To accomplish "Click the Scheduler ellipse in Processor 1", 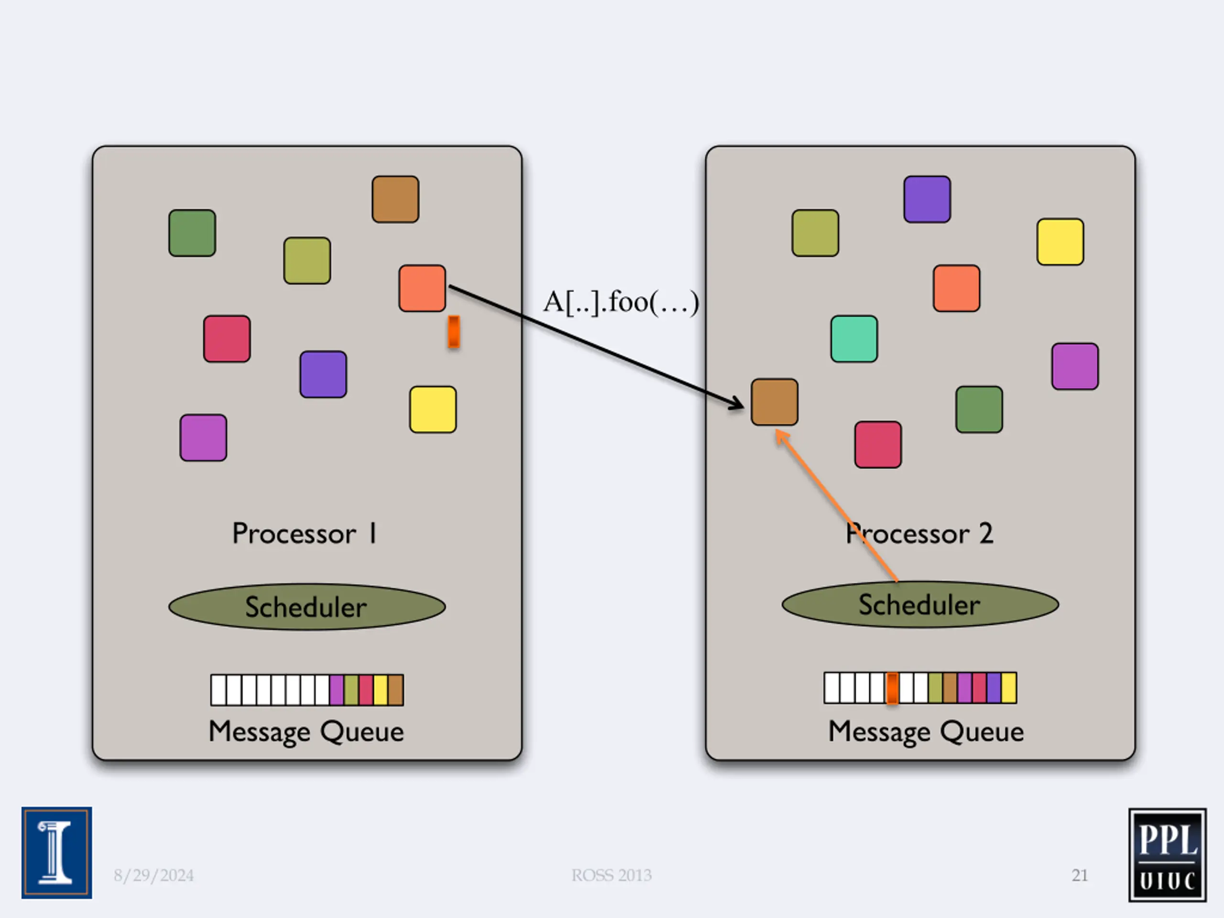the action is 307,607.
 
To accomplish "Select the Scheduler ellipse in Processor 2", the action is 920,604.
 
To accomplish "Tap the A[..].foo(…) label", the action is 621,302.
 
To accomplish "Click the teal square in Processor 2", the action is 854,339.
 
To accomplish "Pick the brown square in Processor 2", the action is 774,402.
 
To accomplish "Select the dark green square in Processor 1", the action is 192,232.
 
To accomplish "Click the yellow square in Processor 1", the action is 433,409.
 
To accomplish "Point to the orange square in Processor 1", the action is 422,288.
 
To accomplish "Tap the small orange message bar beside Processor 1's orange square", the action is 454,332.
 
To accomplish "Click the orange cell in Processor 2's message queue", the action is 892,688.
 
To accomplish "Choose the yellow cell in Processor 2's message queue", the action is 1009,688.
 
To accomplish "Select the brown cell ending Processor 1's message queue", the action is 395,690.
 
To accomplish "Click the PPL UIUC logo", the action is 1168,855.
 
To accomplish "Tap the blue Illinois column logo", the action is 57,852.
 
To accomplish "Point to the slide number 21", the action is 1080,875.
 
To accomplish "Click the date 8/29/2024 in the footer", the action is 154,875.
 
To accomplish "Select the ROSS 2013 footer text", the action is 612,875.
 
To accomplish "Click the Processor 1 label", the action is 305,534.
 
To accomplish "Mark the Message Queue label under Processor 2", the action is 926,732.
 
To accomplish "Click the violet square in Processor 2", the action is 927,199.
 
